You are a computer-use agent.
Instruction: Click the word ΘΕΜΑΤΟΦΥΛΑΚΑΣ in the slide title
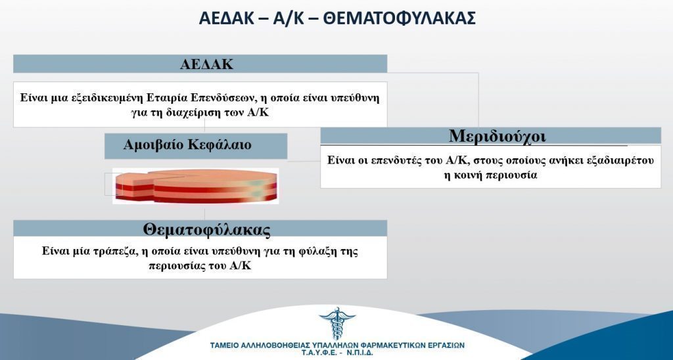pyautogui.click(x=399, y=18)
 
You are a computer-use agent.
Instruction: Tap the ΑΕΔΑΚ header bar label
pyautogui.click(x=206, y=64)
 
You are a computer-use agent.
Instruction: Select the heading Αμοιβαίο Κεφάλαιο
pyautogui.click(x=187, y=145)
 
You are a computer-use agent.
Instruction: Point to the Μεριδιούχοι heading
pyautogui.click(x=498, y=136)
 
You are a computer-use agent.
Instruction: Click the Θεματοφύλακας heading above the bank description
pyautogui.click(x=206, y=229)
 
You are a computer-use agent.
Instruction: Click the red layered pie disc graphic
pyautogui.click(x=196, y=186)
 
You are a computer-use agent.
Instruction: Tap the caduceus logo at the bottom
pyautogui.click(x=337, y=323)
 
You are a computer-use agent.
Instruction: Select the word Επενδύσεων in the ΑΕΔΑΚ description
pyautogui.click(x=221, y=97)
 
